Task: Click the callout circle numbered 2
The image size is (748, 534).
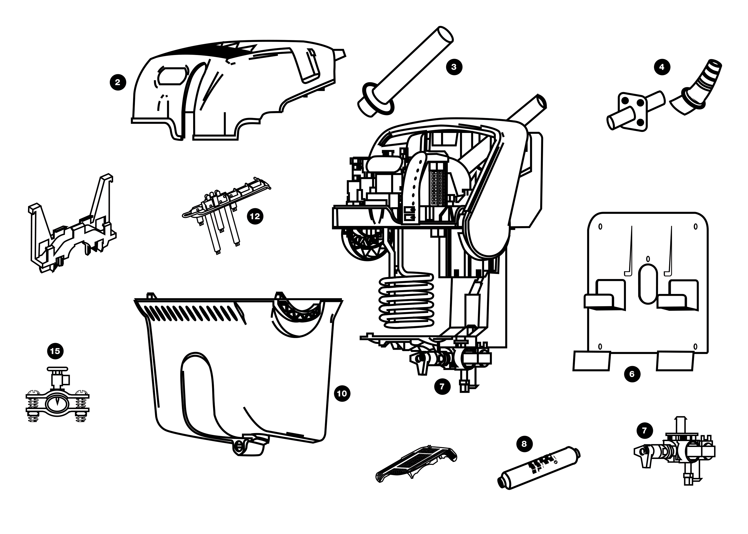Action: click(118, 82)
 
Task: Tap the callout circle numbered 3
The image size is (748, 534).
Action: click(454, 67)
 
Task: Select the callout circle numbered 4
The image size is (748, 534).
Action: click(662, 67)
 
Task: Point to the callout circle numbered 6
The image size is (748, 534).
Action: click(632, 374)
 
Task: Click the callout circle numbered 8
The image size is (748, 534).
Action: click(524, 444)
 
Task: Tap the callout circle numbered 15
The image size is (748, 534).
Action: click(55, 351)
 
